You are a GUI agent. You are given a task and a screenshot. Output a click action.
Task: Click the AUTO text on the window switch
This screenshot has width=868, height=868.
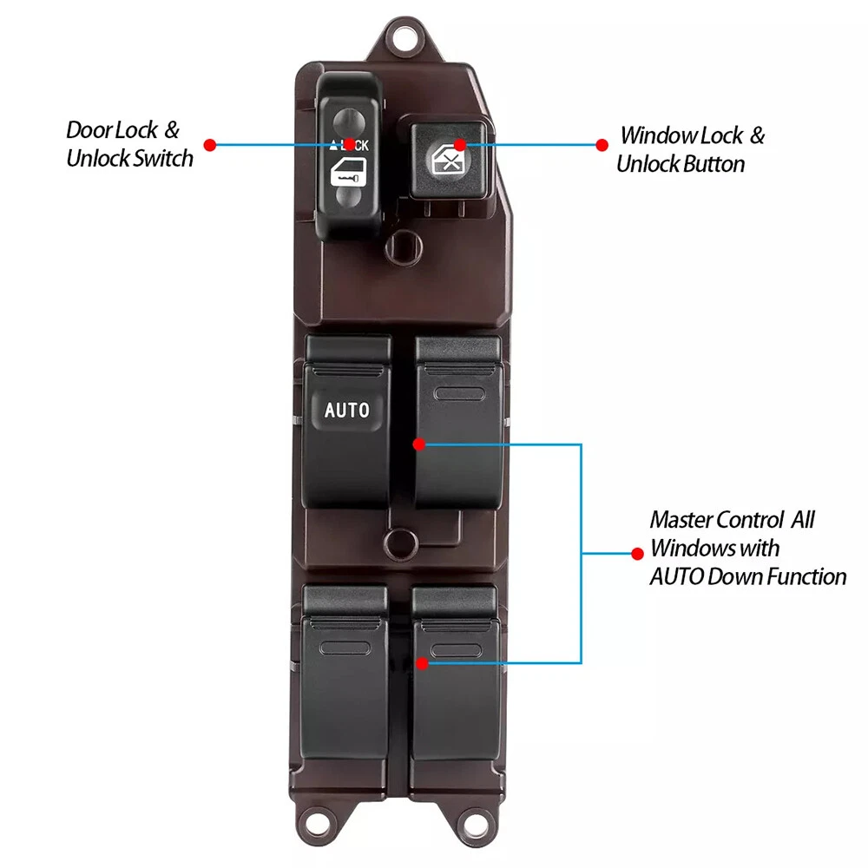point(346,410)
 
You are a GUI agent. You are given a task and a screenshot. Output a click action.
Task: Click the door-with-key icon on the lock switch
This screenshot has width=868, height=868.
point(347,174)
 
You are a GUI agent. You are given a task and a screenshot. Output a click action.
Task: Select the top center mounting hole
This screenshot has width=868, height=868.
point(402,36)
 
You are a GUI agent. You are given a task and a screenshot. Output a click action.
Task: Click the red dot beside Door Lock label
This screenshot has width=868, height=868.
point(209,144)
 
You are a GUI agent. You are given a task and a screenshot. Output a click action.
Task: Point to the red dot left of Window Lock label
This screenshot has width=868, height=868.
point(599,145)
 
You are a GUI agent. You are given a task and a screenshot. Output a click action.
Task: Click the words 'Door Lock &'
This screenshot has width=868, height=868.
point(122,131)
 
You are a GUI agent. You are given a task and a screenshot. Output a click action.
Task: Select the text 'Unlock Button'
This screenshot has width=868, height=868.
point(681,164)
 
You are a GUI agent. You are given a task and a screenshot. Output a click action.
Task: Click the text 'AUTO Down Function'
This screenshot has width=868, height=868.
point(747,575)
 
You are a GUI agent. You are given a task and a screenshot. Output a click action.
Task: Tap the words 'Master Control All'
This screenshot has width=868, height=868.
point(733,521)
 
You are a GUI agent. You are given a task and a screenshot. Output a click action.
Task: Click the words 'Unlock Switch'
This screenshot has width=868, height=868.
point(129,160)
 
